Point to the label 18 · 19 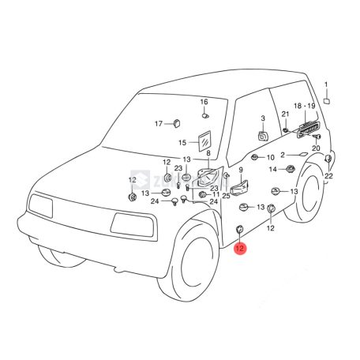(x=304, y=106)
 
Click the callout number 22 (x=328, y=175)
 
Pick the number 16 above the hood (x=204, y=103)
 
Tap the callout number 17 (x=158, y=123)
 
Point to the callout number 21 (x=286, y=114)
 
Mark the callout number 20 (x=315, y=148)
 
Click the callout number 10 (x=270, y=158)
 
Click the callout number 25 (x=226, y=195)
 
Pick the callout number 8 (x=208, y=153)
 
